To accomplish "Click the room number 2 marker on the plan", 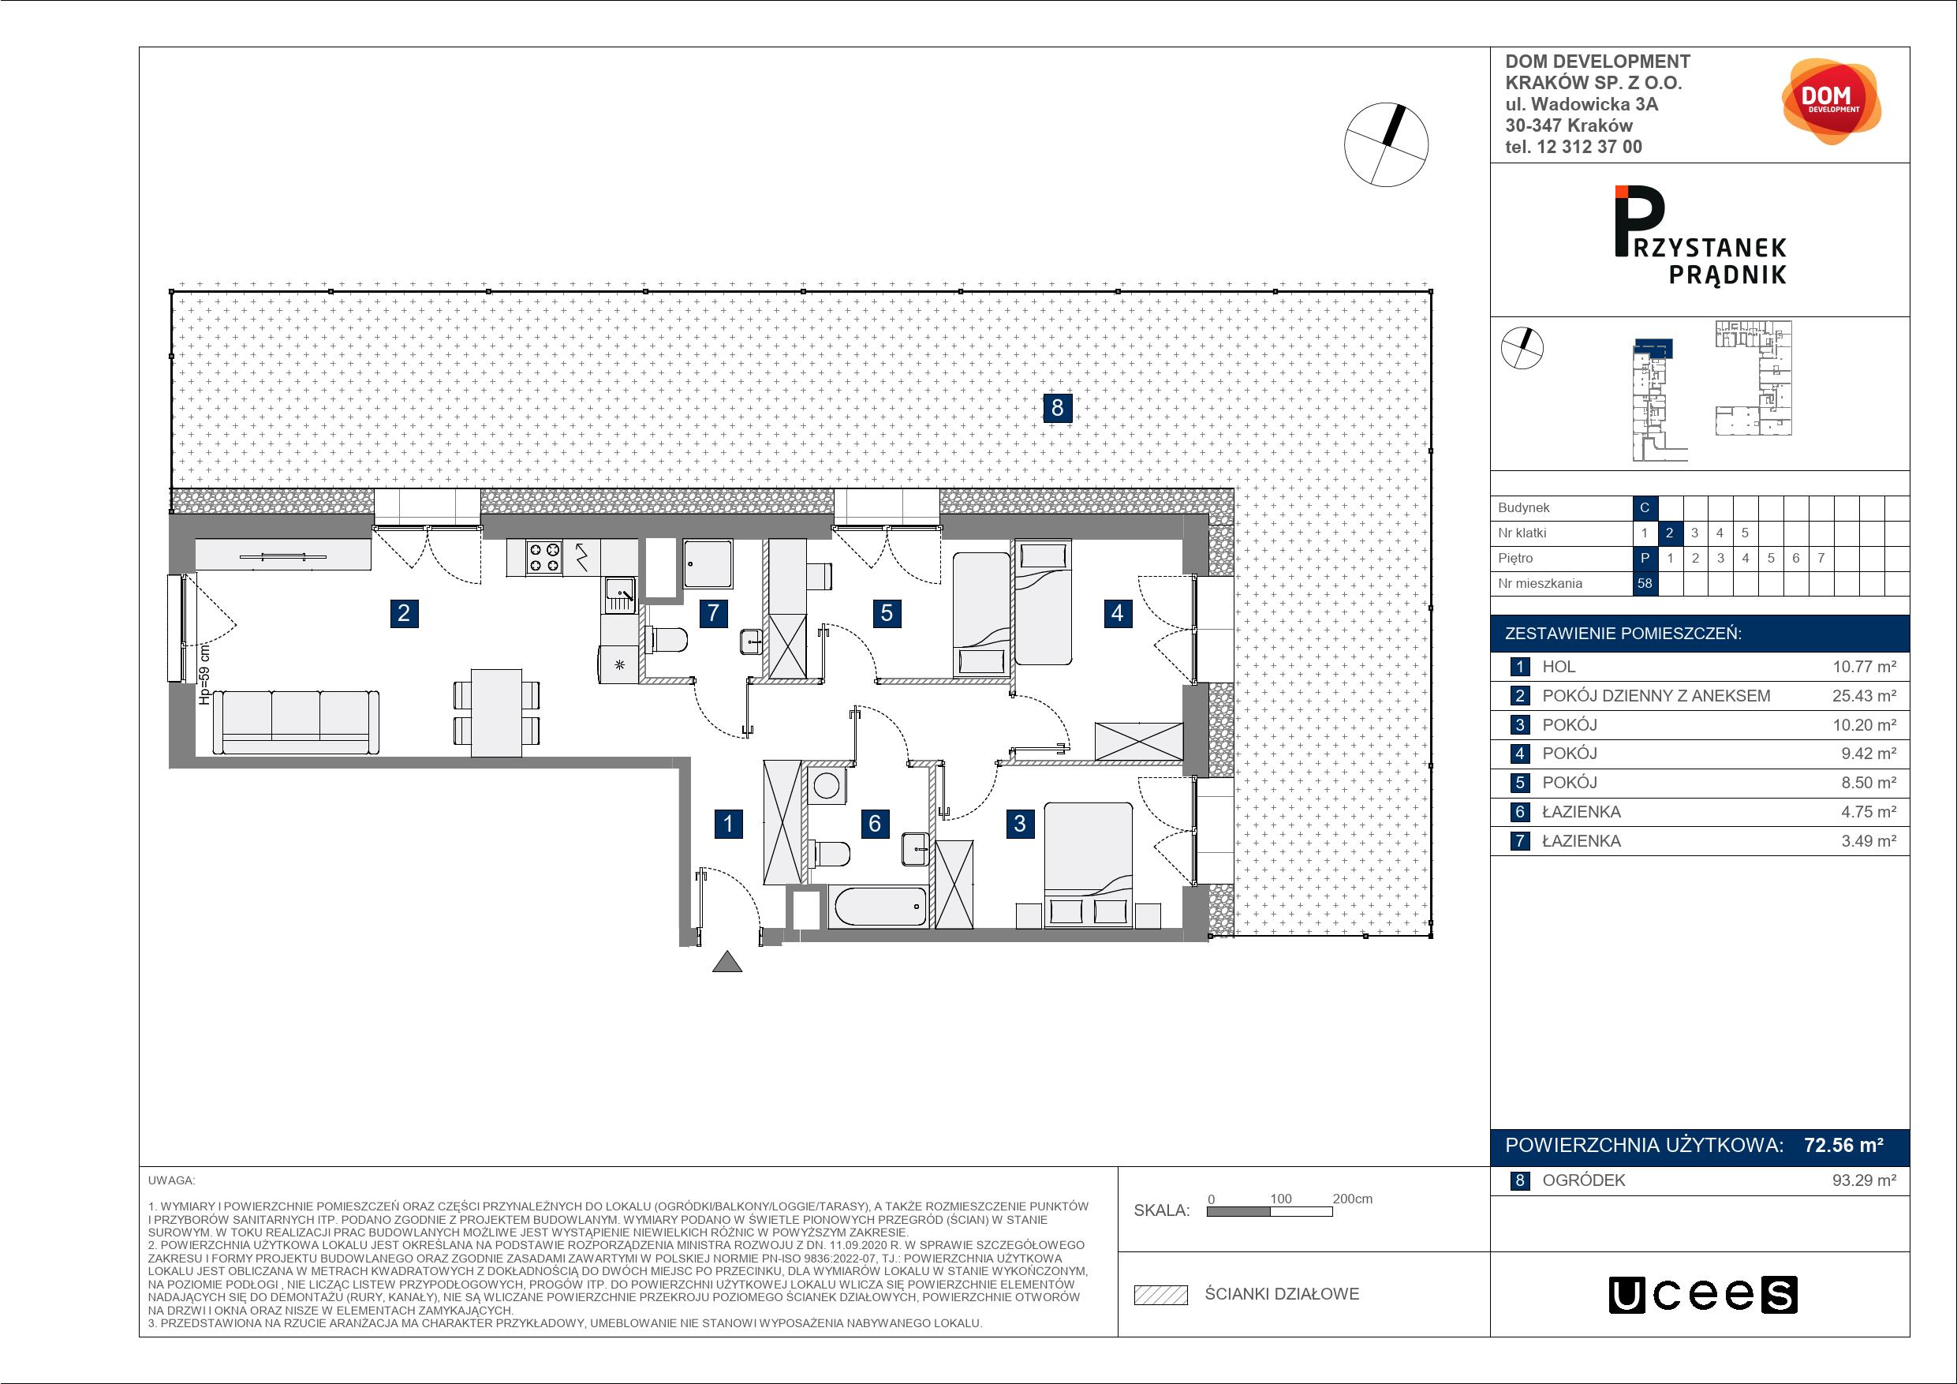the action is point(404,612).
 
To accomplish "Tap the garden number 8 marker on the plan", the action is point(1057,408).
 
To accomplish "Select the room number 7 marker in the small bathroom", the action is point(713,612).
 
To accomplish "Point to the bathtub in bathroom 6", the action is point(877,907).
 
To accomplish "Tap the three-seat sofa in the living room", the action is point(296,722).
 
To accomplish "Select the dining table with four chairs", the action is point(497,713).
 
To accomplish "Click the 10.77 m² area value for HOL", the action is point(1864,667).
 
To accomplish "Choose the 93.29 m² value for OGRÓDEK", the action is point(1864,1180).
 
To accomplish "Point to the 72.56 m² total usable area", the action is point(1843,1145).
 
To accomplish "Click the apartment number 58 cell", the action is point(1644,583).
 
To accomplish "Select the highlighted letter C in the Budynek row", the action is point(1644,507).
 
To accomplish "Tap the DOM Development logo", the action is point(1830,101).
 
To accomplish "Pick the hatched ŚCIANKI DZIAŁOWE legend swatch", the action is point(1161,1295).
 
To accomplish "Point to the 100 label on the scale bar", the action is point(1280,1199).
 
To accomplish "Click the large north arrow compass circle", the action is point(1385,145).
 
